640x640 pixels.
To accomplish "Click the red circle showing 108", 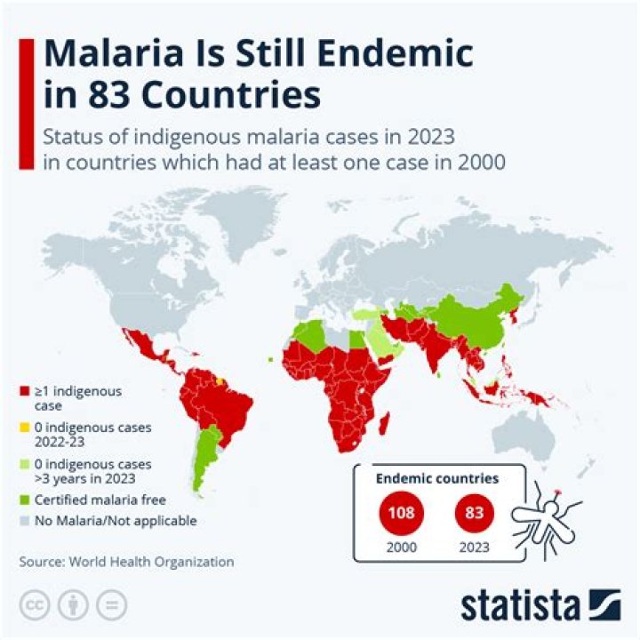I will point(400,513).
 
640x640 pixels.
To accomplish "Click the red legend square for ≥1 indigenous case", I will point(24,391).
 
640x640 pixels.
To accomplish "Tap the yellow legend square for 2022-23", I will point(24,428).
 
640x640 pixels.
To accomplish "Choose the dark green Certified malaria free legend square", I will point(24,500).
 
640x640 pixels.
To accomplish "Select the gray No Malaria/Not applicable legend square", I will point(24,521).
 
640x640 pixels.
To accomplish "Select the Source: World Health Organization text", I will point(127,562).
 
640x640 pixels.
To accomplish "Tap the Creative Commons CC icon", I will point(33,605).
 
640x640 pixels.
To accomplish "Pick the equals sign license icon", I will point(112,605).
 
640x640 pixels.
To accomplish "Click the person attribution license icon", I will point(73,605).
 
